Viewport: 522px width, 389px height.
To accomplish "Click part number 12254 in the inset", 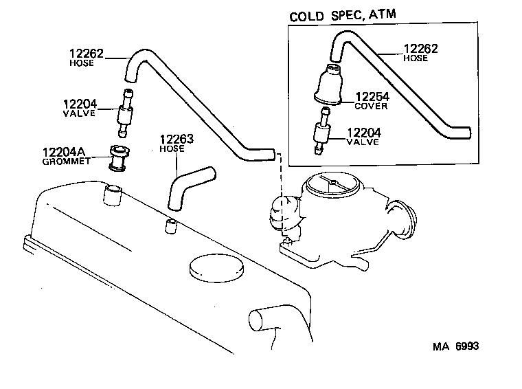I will pos(371,97).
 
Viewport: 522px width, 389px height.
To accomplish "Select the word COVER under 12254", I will pos(371,107).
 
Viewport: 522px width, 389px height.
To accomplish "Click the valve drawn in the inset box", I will pos(320,135).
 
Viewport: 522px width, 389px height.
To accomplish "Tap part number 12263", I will pos(177,140).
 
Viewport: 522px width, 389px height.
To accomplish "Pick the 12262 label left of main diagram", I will pos(86,53).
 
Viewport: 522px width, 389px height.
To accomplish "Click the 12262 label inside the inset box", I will pos(420,49).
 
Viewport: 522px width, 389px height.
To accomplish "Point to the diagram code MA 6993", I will pos(455,346).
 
